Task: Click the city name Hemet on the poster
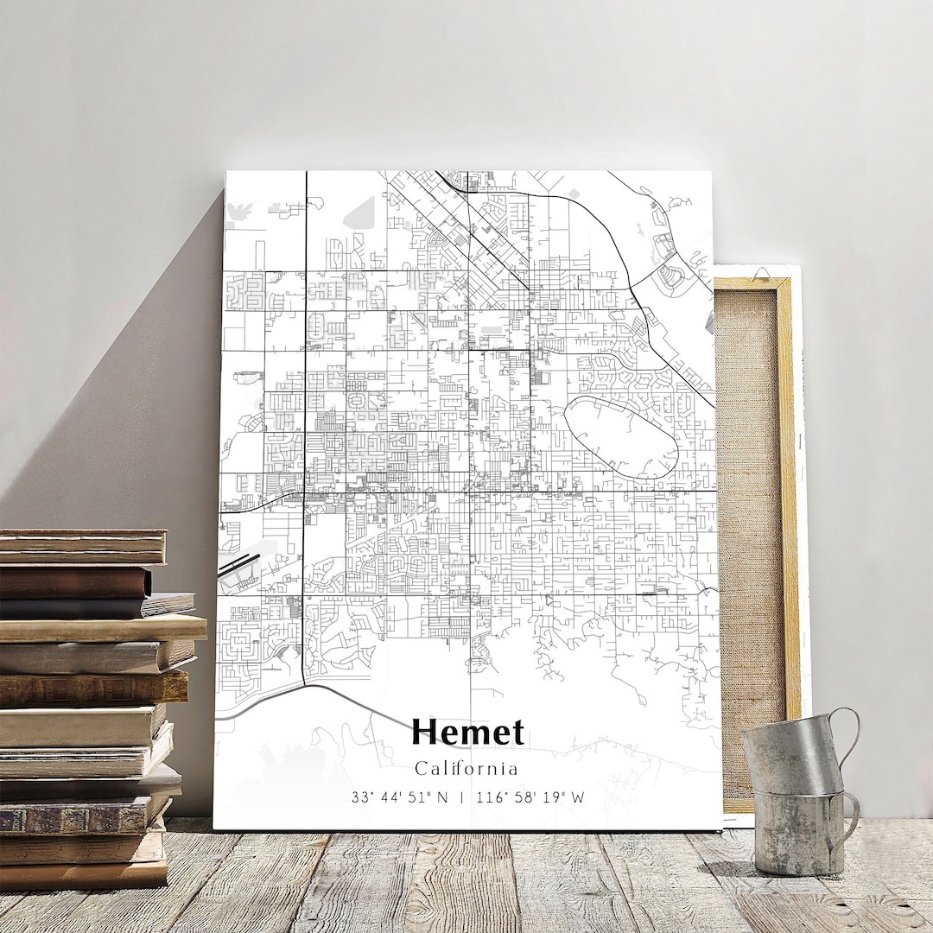point(467,733)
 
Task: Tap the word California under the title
point(466,768)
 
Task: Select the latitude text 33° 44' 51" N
point(400,797)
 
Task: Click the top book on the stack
point(83,546)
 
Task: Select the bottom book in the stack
point(83,874)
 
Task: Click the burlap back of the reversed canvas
point(749,518)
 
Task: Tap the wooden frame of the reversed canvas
point(787,518)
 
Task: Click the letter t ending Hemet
point(517,733)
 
